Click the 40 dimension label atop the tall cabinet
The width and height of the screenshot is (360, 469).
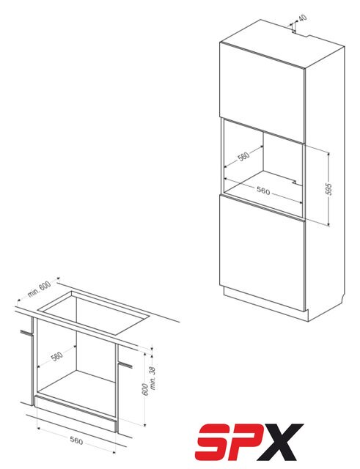point(303,18)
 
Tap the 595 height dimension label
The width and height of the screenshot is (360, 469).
point(328,189)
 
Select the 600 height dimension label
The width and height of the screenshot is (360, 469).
point(145,389)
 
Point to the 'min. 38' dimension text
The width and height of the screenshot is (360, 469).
point(153,378)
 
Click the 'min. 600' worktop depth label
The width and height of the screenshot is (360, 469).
point(39,289)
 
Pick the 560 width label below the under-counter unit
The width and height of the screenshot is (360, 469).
point(76,440)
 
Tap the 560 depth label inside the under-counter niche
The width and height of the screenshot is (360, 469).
point(57,356)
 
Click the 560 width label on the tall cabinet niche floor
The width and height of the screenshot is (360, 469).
point(263,191)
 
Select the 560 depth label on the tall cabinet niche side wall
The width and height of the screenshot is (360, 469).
point(243,156)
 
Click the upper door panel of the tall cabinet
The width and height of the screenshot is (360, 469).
point(262,92)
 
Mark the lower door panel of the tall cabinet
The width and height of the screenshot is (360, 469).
point(262,253)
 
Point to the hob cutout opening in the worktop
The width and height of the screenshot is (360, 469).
point(93,312)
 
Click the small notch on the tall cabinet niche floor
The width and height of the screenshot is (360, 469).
point(295,182)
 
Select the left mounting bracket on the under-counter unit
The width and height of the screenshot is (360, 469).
point(26,332)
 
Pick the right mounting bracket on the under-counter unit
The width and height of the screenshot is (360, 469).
point(125,364)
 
